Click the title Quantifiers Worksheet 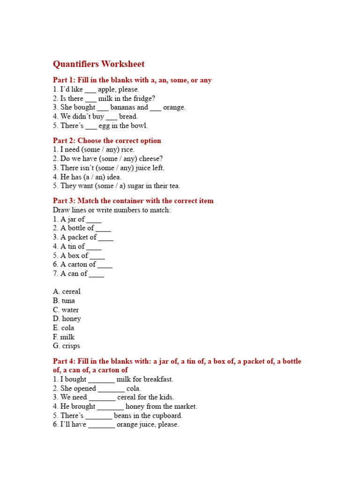point(98,64)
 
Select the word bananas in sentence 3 point(122,107)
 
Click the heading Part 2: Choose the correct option point(107,141)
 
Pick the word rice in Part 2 point(127,150)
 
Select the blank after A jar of point(94,220)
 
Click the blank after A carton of point(105,265)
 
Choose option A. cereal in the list point(67,292)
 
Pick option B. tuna point(64,301)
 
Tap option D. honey point(67,319)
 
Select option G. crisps point(67,346)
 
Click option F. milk point(64,337)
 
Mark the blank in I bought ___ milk point(101,380)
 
